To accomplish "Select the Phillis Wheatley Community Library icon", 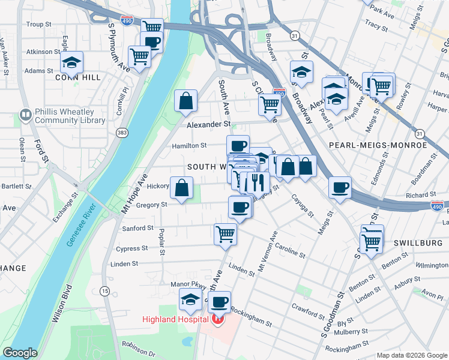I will pos(25,114).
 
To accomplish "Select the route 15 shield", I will pos(105,291).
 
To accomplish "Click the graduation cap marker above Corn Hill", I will pos(71,62).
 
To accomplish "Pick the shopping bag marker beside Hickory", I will pos(181,188).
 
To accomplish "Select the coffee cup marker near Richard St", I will pos(340,187).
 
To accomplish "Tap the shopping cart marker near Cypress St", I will pos(225,233).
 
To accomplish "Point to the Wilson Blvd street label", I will pos(62,312).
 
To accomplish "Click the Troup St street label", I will pos(40,25).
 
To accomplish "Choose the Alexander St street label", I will pos(208,125).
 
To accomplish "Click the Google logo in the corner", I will pos(20,353).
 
